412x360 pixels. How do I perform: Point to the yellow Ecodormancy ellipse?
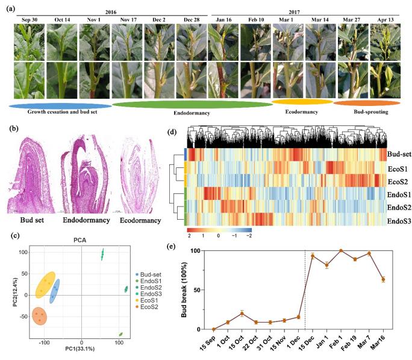[x=302, y=102]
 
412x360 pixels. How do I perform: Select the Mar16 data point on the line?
[x=382, y=279]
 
